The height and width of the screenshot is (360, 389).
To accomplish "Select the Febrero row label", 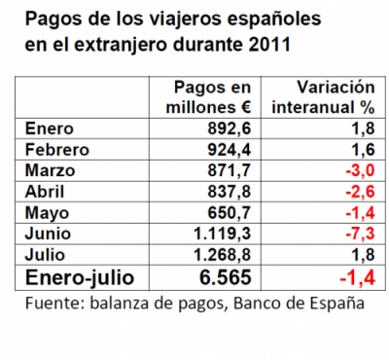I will point(55,150).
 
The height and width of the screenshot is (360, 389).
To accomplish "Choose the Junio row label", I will point(44,233).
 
